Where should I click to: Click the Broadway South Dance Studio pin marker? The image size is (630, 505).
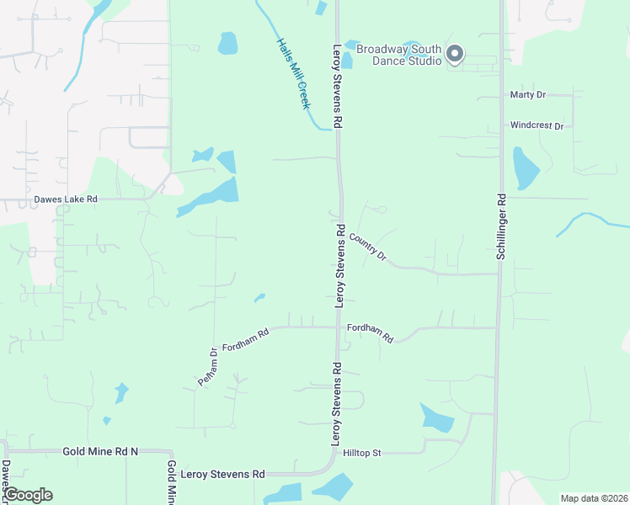tap(455, 55)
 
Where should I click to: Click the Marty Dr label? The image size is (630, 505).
tap(528, 94)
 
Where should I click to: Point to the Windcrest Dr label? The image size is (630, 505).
tap(537, 125)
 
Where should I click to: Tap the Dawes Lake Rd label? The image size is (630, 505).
tap(66, 199)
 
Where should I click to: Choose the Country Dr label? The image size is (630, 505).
tap(367, 246)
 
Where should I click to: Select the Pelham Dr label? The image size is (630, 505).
tap(207, 366)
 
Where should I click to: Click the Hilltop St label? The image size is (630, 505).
tap(362, 453)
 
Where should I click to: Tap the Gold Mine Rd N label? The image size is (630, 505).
tap(99, 451)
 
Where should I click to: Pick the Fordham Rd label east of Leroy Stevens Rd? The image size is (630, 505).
tap(371, 332)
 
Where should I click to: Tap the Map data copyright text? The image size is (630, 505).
tap(594, 498)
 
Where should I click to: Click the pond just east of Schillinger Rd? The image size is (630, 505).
tap(525, 168)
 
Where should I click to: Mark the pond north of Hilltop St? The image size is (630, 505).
tap(435, 417)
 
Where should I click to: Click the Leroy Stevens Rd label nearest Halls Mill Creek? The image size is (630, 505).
tap(338, 86)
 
